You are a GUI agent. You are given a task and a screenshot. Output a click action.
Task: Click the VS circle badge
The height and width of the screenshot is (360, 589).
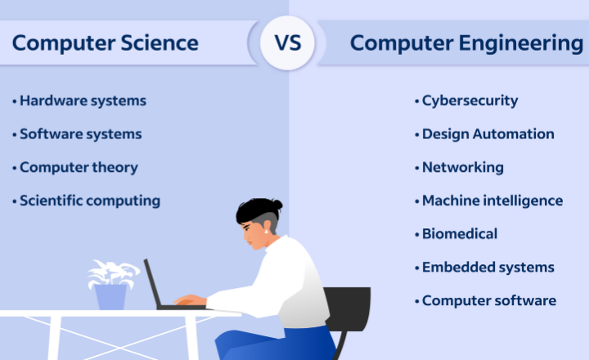tap(287, 43)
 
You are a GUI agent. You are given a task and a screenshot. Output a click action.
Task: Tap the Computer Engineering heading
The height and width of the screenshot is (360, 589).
tap(466, 43)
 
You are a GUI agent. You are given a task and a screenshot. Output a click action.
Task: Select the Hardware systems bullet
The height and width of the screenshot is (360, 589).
tap(82, 101)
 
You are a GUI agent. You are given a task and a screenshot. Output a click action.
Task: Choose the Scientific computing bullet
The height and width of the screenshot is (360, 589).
tap(89, 200)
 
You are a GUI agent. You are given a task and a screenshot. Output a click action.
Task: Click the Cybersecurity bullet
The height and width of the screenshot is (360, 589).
tap(469, 101)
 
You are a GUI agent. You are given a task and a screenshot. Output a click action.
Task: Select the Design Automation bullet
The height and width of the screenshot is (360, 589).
tap(487, 133)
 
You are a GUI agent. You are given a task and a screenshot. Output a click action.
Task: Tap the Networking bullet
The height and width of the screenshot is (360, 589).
tap(461, 167)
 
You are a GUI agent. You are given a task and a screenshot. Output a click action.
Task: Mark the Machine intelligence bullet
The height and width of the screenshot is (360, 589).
tap(491, 200)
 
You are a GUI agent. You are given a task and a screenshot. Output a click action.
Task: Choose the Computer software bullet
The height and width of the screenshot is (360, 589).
tap(488, 300)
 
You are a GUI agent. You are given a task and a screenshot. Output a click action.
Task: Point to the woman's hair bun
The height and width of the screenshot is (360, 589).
tap(277, 205)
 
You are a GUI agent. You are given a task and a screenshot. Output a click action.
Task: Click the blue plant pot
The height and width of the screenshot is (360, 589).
tap(110, 295)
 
